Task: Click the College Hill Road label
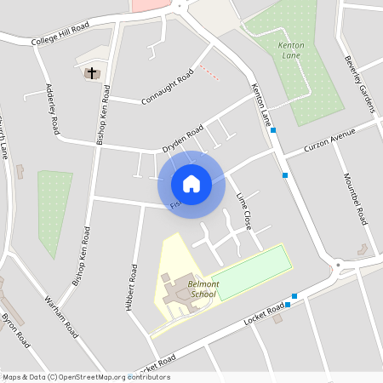(x=59, y=39)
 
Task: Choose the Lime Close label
(x=243, y=208)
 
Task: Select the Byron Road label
(x=15, y=330)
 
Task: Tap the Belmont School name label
(x=203, y=289)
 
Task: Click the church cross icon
(x=91, y=73)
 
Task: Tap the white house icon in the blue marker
(x=191, y=183)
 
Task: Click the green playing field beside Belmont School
(x=247, y=272)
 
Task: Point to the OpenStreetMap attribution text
(x=86, y=377)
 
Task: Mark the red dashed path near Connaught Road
(x=209, y=74)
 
